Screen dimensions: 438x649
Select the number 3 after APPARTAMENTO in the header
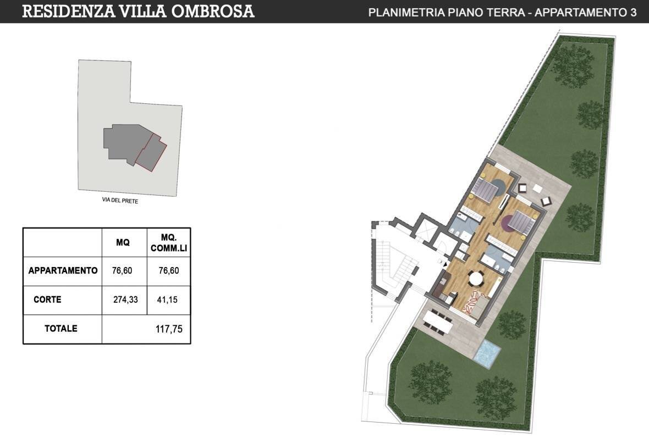coord(633,13)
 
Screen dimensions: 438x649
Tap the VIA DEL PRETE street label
coord(120,202)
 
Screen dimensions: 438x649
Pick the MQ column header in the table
coord(123,242)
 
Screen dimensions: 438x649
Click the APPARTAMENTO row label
coord(63,270)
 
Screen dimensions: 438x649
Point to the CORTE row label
coord(47,300)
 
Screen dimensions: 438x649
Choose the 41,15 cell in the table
coord(168,300)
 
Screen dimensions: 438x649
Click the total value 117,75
coord(169,329)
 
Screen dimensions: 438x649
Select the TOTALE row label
coord(61,329)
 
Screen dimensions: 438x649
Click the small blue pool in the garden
coord(486,353)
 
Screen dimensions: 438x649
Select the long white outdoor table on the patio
coord(438,320)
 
